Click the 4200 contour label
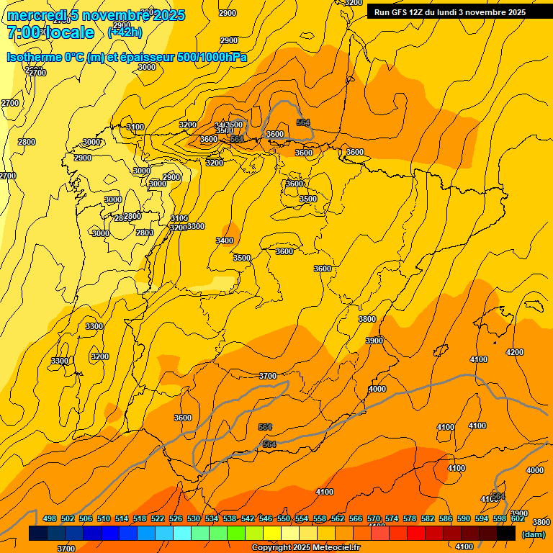tap(515, 352)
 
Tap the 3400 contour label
tap(225, 240)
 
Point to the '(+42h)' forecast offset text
tap(125, 32)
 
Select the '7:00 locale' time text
tap(50, 32)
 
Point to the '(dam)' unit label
tap(533, 534)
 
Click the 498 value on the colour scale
tap(50, 518)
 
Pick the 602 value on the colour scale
tap(518, 518)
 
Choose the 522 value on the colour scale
tap(158, 518)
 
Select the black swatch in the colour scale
tap(506, 534)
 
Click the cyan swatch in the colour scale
tap(182, 534)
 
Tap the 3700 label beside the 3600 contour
tap(268, 376)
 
